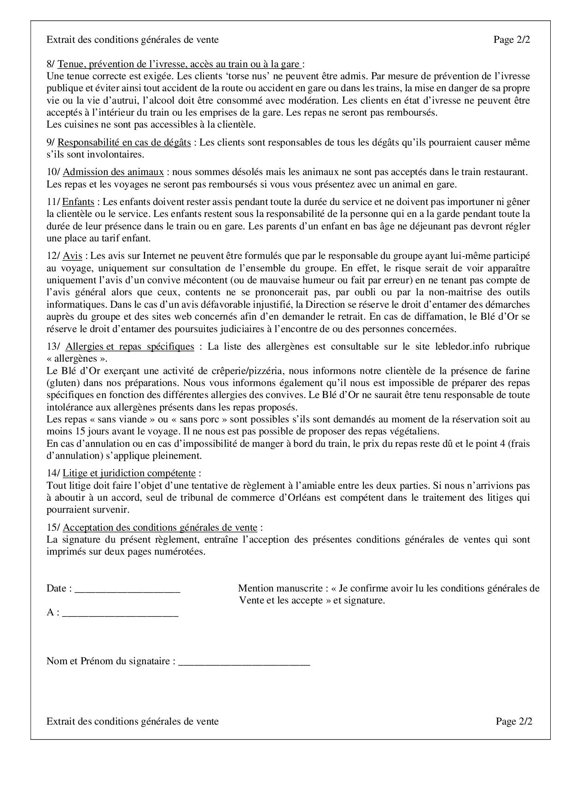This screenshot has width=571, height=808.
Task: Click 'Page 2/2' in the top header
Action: (512, 40)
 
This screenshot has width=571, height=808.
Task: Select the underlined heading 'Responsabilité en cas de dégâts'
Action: (124, 142)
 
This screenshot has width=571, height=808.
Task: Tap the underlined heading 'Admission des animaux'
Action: (113, 172)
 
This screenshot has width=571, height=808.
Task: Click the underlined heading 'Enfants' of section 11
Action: (78, 202)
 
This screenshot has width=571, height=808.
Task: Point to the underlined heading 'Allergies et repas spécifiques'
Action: (130, 346)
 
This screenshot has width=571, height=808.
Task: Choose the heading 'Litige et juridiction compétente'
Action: (129, 473)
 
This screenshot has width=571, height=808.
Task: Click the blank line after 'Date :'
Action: (127, 589)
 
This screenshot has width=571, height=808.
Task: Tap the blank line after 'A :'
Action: (120, 613)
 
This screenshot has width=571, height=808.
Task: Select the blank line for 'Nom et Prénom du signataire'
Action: (244, 662)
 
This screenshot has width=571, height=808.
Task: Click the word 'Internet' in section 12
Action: (160, 256)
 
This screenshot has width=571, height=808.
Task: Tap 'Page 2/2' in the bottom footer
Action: (514, 721)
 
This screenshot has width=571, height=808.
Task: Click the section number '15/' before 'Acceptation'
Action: (53, 527)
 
